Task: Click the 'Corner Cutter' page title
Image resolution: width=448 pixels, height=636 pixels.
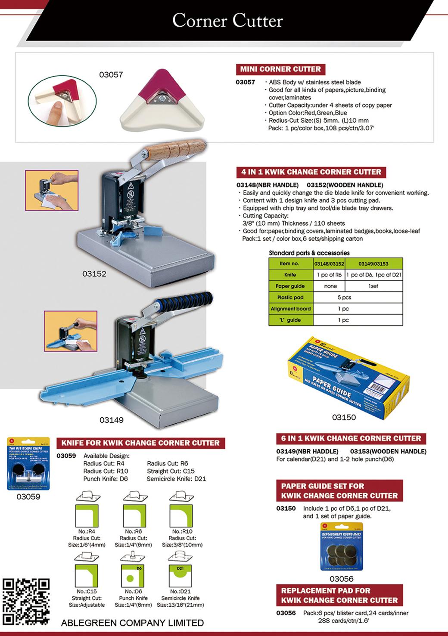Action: point(227,21)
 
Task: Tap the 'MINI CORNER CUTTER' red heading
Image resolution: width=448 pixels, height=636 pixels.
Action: point(280,69)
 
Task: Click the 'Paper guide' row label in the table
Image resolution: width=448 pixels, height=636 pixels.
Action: point(290,286)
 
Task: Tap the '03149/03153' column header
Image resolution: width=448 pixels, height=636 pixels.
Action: point(373,263)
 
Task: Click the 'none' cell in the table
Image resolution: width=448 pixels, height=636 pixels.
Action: point(330,286)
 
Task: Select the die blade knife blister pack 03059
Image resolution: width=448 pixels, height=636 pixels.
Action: point(29,463)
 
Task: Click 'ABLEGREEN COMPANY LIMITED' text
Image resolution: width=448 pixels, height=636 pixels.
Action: point(132,623)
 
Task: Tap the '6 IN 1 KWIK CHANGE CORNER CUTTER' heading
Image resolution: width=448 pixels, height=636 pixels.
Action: point(351,438)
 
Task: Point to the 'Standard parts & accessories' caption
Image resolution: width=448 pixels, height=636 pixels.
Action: point(309,253)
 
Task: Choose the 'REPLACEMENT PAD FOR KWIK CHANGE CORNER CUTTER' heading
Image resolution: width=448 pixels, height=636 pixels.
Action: point(339,595)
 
